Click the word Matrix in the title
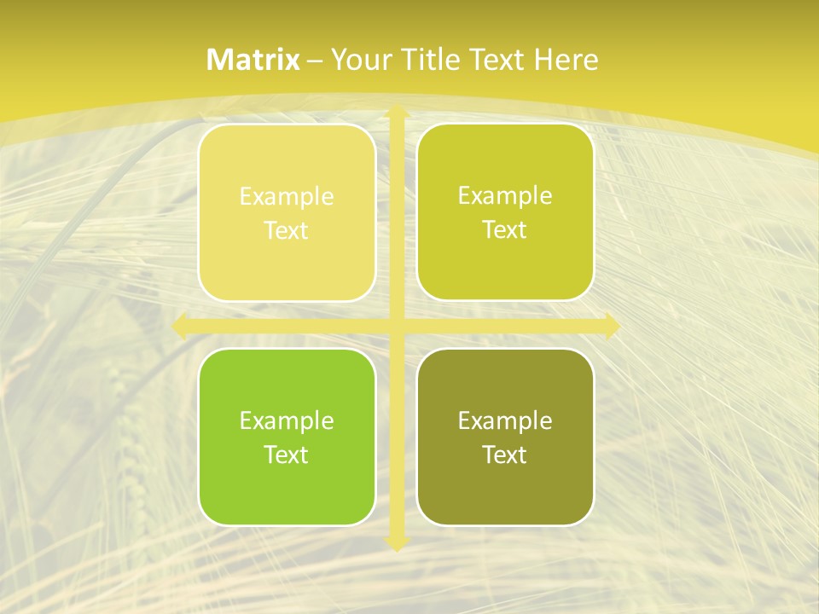[253, 60]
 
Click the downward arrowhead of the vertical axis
[397, 542]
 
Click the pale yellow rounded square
[287, 212]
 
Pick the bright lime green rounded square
[287, 437]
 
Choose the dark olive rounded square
[505, 437]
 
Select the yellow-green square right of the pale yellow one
[505, 212]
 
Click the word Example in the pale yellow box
[287, 197]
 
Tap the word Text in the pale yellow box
[287, 230]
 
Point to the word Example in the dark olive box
[505, 420]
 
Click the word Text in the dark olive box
[505, 455]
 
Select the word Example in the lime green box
[287, 420]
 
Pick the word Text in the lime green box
[287, 455]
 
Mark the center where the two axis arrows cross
[397, 327]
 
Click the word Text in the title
[498, 60]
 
